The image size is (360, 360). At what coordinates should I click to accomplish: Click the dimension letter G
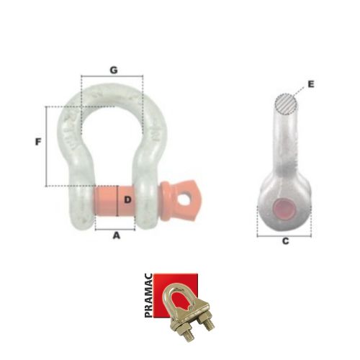tap(114, 70)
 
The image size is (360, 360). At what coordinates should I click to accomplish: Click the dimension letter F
tap(38, 142)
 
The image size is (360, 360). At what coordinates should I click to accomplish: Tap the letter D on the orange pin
tap(127, 199)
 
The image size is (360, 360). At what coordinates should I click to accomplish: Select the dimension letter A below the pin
tap(117, 235)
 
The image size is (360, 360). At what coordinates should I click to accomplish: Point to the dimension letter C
tap(285, 241)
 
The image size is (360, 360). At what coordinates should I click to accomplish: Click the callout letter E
tap(311, 84)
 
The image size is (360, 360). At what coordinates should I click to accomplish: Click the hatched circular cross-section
tap(287, 104)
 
